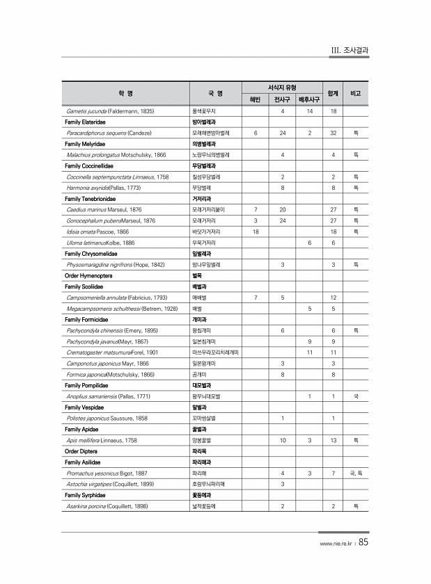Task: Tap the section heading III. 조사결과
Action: pos(350,51)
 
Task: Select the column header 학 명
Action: pos(126,93)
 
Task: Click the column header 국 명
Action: pos(215,93)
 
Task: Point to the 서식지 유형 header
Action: pos(281,88)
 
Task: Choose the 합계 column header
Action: pos(333,93)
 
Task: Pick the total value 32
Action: pos(334,132)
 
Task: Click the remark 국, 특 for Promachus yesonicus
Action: pos(355,473)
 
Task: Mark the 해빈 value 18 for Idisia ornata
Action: pos(256,232)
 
